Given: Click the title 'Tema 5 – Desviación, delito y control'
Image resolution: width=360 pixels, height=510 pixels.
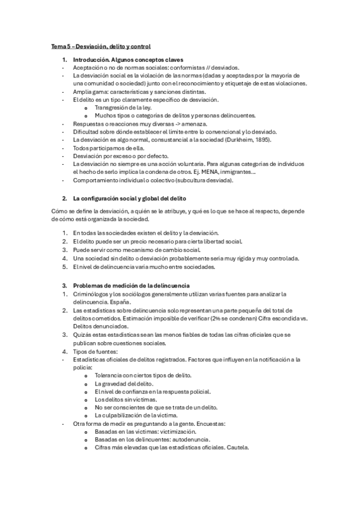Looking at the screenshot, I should coord(100,46).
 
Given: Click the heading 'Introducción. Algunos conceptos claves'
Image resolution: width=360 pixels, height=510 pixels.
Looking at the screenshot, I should coord(128,61).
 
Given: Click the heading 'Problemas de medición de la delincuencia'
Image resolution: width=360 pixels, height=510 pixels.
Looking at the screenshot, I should coord(131,284).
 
